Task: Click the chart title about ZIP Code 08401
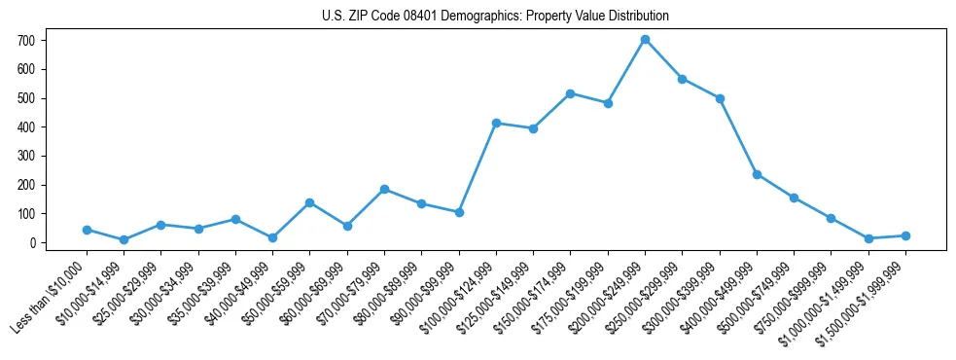click(x=495, y=16)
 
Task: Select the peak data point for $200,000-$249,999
click(x=645, y=40)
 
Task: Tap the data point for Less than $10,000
click(x=87, y=230)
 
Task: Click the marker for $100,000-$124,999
click(x=496, y=123)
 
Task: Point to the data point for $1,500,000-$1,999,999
click(x=905, y=235)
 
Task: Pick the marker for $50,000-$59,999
click(x=309, y=202)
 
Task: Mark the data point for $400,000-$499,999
click(x=757, y=174)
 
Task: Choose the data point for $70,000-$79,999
click(x=384, y=189)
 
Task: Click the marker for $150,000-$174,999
click(x=570, y=93)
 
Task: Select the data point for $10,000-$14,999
click(x=124, y=239)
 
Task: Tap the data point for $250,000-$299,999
click(x=683, y=79)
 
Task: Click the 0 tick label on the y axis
click(x=34, y=242)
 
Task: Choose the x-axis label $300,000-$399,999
click(x=682, y=295)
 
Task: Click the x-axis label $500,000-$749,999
click(x=757, y=295)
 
